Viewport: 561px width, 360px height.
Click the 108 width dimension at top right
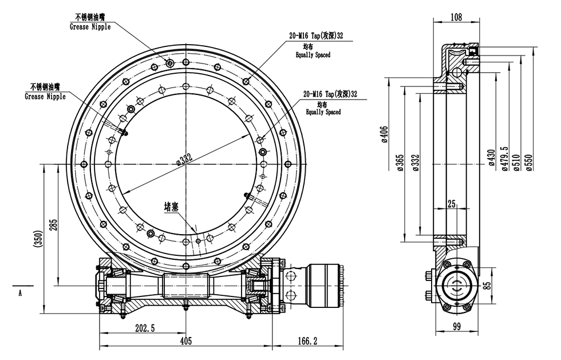coord(456,17)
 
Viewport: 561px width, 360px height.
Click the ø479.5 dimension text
coord(504,159)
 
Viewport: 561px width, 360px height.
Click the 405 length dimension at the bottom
coord(186,341)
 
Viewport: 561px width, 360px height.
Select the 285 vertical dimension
coord(53,224)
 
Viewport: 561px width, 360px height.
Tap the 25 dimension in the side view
coord(452,204)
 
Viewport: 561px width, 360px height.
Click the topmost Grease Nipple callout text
coord(90,27)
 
